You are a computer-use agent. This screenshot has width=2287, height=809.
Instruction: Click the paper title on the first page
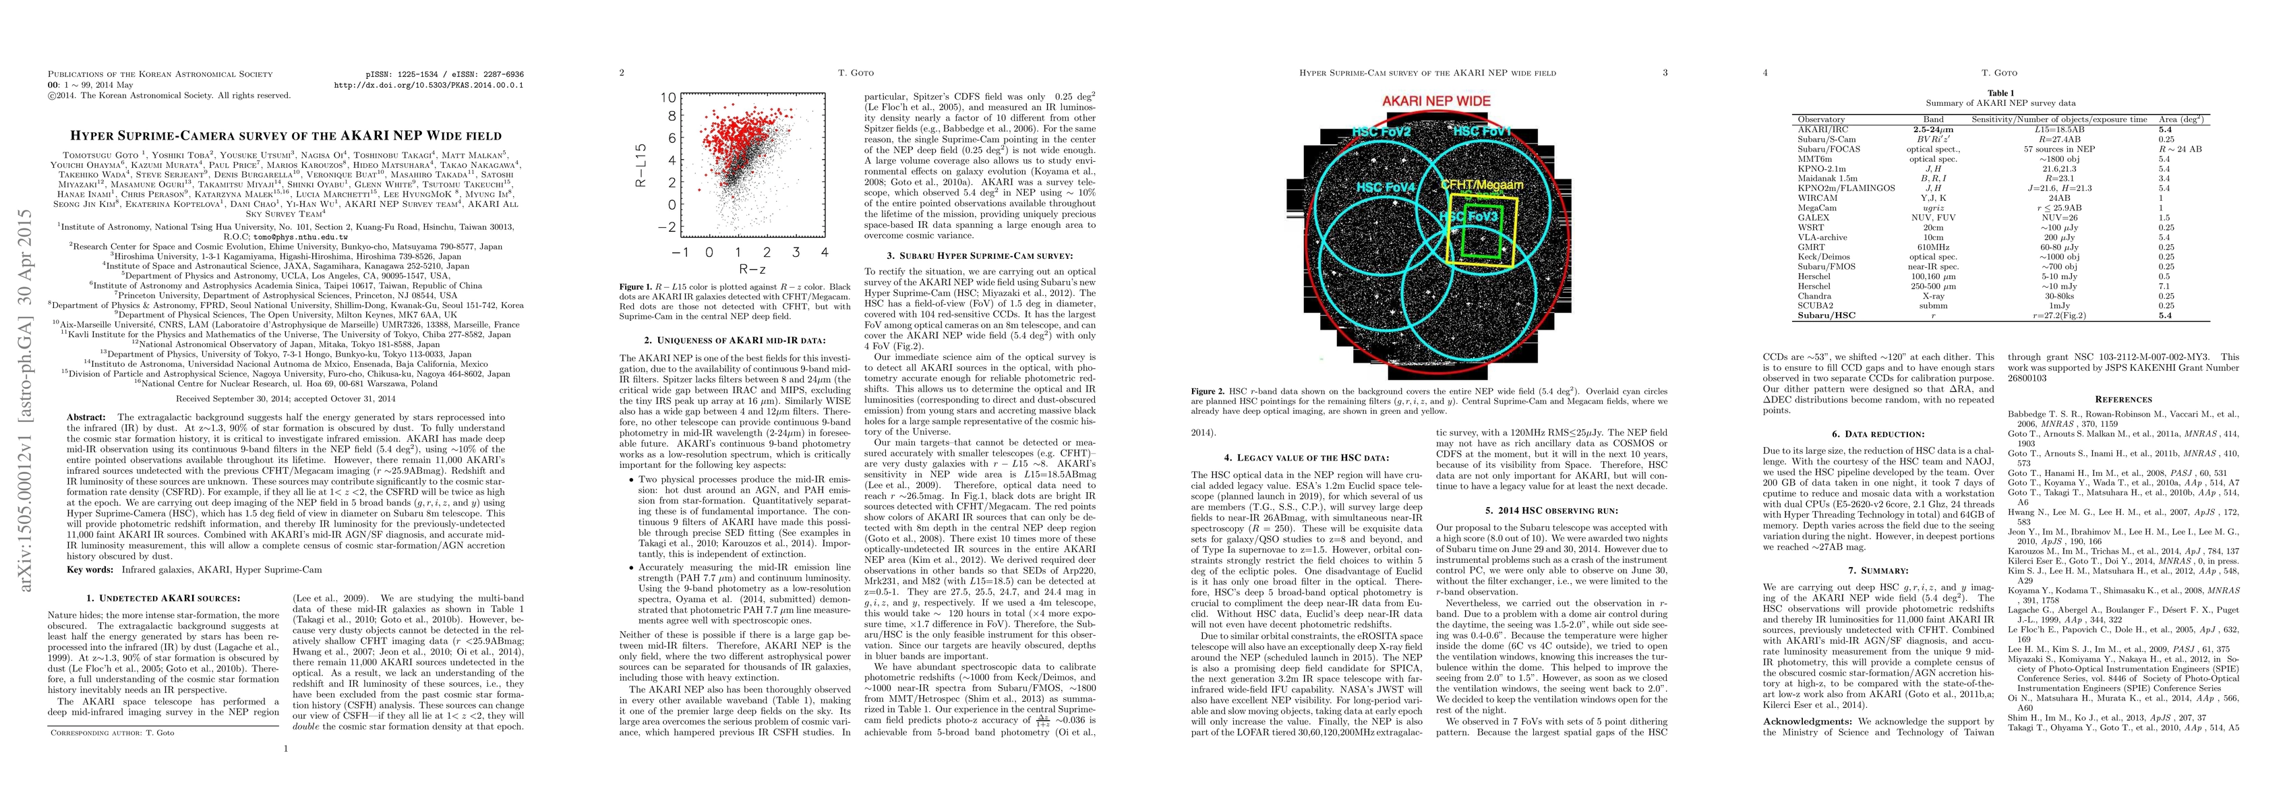click(x=285, y=136)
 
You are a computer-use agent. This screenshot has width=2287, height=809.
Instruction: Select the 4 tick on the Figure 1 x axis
click(x=825, y=252)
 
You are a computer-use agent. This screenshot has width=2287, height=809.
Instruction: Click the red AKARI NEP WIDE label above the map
click(x=1435, y=101)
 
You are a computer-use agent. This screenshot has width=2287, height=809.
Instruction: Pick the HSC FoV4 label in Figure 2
click(x=1385, y=187)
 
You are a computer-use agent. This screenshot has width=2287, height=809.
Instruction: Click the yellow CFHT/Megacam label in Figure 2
click(x=1482, y=185)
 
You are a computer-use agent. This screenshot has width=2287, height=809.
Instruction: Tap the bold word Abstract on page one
click(x=88, y=417)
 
